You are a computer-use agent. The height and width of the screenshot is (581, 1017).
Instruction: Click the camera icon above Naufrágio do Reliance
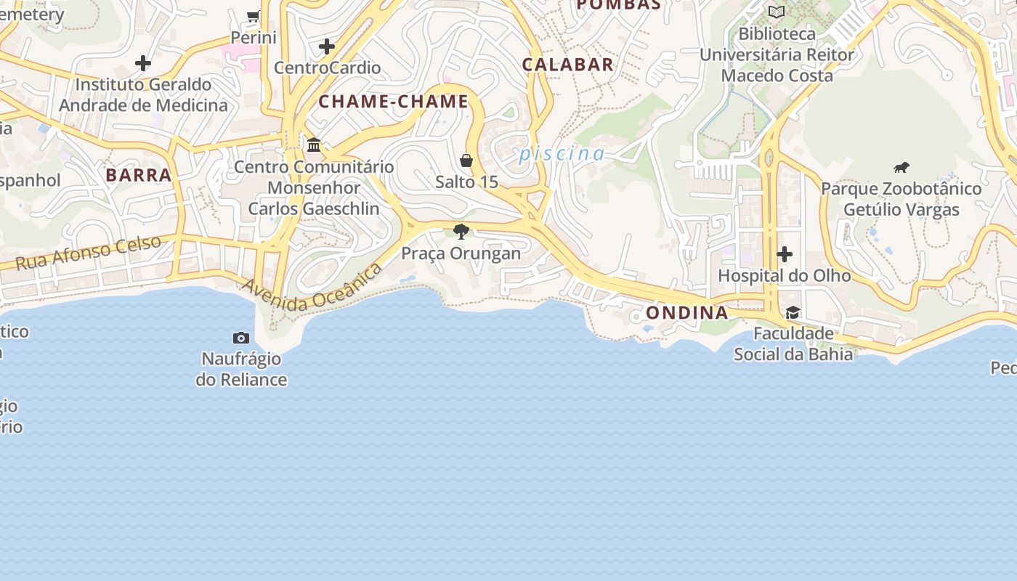241,338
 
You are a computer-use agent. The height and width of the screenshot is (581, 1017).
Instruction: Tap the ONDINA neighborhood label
686,313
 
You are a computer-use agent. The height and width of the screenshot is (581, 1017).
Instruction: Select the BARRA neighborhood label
139,175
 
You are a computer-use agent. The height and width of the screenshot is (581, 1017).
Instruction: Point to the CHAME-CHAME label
394,102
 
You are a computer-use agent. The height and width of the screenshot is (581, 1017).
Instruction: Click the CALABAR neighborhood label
568,65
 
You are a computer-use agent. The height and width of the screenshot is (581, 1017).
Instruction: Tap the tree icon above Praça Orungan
461,232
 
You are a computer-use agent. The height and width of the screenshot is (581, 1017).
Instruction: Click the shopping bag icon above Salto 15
466,161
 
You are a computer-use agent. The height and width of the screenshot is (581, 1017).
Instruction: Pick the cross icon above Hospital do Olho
785,254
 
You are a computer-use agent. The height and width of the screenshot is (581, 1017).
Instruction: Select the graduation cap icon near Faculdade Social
793,312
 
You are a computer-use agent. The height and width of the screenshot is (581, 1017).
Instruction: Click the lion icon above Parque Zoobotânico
901,168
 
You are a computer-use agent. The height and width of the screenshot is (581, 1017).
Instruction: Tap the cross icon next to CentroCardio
327,46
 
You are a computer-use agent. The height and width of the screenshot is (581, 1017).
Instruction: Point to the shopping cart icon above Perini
254,16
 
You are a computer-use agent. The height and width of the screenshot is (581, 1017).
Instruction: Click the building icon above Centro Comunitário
314,145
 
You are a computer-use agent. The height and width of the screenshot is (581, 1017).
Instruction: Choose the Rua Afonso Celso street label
88,253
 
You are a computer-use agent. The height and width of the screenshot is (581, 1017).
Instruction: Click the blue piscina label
562,154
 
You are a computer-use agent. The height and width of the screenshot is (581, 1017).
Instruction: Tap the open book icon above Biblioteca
777,12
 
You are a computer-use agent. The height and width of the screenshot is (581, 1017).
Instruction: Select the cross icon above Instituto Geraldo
143,63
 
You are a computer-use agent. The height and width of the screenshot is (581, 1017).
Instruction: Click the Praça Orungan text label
461,253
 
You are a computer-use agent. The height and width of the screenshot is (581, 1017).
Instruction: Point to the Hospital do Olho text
785,276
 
